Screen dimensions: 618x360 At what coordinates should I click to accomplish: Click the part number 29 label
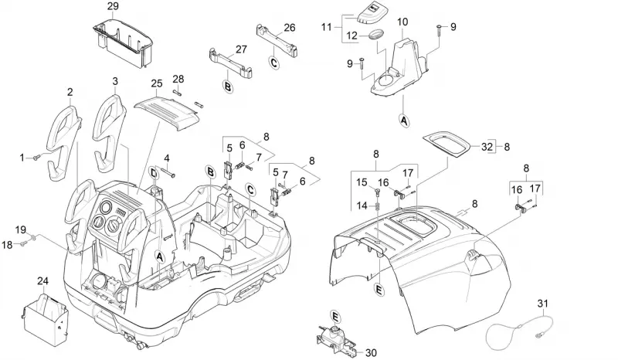113,6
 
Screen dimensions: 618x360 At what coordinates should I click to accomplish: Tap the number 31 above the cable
543,304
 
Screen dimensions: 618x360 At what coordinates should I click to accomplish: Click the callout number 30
371,352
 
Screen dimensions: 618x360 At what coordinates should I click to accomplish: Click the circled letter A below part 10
403,121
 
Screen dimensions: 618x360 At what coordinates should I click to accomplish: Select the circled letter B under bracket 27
228,86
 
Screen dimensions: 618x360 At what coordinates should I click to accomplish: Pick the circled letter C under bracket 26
274,63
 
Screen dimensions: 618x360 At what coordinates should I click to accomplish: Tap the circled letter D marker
154,173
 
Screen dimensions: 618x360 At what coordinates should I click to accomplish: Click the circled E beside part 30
335,317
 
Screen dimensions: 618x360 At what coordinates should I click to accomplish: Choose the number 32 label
487,147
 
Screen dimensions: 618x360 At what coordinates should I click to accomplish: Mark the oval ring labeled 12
377,34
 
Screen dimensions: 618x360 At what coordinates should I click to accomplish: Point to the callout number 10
402,22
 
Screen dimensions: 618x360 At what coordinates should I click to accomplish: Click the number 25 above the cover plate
157,83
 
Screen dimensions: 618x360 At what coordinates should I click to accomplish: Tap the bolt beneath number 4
168,172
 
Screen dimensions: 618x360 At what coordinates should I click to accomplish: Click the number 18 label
7,245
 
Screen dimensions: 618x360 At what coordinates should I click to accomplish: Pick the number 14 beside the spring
362,205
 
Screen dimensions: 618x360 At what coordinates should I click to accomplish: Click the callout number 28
178,79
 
